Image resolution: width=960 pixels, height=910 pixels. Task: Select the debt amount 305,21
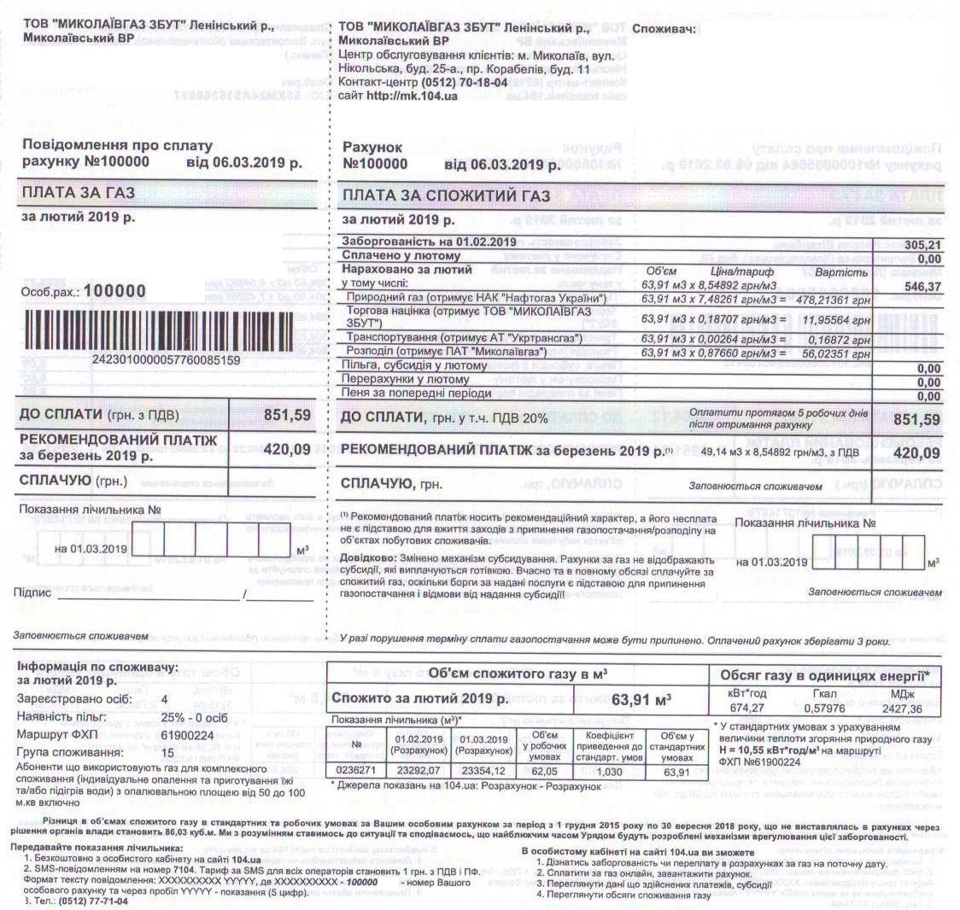922,245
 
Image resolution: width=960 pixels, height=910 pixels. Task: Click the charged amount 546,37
922,288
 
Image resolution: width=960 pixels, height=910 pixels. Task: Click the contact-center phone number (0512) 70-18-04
464,82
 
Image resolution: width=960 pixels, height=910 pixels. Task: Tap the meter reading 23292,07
419,770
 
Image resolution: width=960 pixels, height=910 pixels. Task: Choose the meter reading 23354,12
483,770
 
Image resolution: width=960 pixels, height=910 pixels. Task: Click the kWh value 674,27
747,709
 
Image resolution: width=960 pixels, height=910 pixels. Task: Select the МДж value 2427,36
904,709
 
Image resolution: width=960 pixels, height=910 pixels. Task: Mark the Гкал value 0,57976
824,709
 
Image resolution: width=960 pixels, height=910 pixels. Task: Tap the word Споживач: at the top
664,28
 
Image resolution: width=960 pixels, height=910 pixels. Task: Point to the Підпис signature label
32,592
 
